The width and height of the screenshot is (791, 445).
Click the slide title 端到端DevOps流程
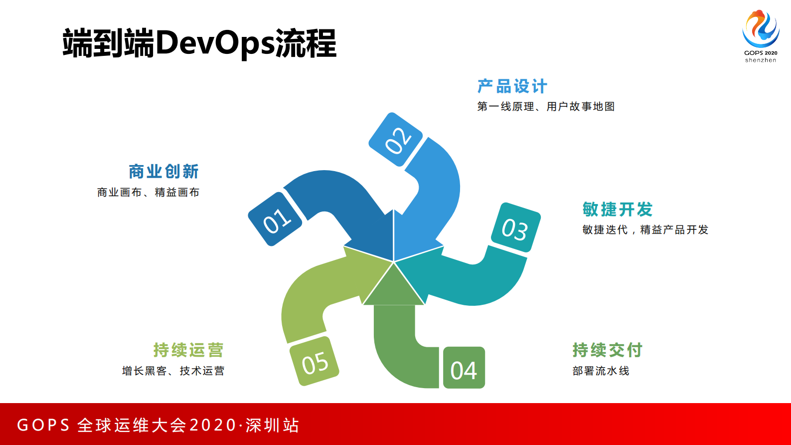pos(199,43)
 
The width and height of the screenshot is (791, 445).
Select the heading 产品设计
pos(512,86)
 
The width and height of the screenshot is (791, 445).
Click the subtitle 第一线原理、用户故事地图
pos(546,106)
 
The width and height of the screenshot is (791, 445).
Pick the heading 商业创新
pos(163,172)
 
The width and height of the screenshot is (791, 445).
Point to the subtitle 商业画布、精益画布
pos(148,192)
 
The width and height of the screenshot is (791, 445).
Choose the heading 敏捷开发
pos(618,210)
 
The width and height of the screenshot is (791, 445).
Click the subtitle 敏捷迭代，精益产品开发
pos(645,229)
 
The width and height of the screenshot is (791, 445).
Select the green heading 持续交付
pos(607,350)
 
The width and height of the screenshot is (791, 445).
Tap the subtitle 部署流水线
pos(601,371)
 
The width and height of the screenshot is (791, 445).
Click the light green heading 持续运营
pos(188,350)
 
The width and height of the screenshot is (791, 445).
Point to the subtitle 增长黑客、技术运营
pos(173,371)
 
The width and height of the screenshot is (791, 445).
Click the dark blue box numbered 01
pos(275,220)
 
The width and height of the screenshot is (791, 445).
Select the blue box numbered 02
pos(396,139)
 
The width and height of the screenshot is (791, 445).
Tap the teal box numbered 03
pos(515,228)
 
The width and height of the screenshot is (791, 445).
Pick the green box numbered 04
pos(464,368)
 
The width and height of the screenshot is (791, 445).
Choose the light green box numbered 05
pos(314,361)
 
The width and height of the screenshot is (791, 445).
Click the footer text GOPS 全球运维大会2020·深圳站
pos(158,425)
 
